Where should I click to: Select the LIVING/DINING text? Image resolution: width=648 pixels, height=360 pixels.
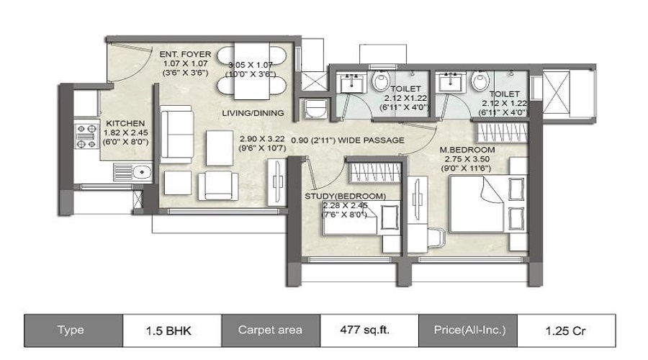click(252, 113)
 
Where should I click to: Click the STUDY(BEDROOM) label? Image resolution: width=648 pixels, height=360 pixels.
click(345, 195)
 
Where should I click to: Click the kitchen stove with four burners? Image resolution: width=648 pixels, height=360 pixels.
click(86, 135)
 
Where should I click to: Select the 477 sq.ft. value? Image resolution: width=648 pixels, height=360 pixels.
click(368, 330)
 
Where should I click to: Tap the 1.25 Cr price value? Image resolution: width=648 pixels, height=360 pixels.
click(566, 330)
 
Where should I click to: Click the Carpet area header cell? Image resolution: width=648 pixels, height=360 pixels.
click(270, 330)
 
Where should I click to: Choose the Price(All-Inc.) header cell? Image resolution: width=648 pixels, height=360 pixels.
click(467, 330)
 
